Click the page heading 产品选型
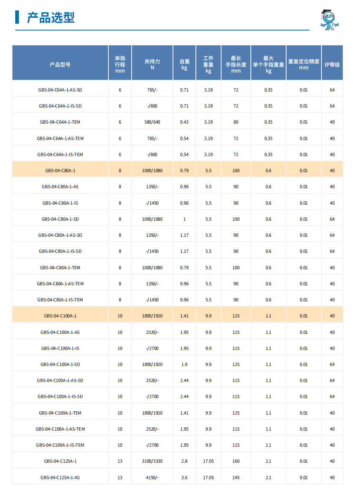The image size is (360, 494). tap(51, 18)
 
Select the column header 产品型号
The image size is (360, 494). tap(60, 65)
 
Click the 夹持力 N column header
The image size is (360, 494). tap(153, 65)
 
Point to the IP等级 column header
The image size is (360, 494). tap(332, 65)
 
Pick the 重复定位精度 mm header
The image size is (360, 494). tap(304, 65)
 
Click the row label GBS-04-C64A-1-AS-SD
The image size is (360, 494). tap(60, 90)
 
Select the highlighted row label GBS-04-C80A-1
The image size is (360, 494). tap(60, 171)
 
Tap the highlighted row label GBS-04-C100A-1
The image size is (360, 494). tap(60, 316)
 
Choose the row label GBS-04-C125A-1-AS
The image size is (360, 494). tap(60, 478)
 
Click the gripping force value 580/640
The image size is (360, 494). tap(153, 122)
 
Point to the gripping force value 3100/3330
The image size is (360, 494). tap(153, 461)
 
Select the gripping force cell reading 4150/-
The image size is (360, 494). tap(153, 478)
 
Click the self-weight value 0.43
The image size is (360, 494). tap(184, 122)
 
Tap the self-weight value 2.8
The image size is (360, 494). tap(184, 461)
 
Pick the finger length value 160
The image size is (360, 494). tap(236, 461)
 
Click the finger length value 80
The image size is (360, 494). tap(236, 122)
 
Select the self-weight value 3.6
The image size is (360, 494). tap(184, 478)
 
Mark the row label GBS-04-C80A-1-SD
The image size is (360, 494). tap(60, 219)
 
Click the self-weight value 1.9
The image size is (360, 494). tap(184, 364)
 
